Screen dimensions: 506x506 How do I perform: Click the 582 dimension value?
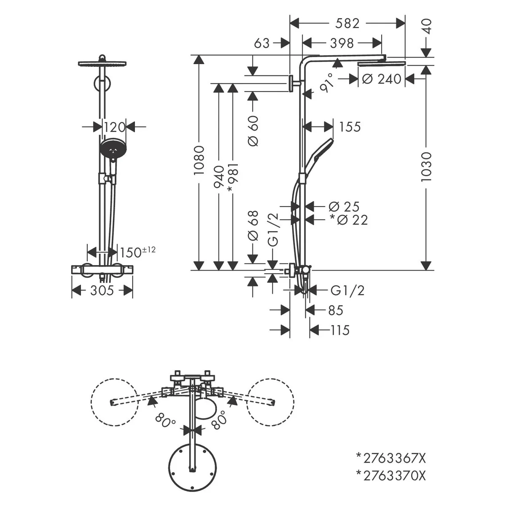pos(347,24)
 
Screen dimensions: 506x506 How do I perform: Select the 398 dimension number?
pos(342,43)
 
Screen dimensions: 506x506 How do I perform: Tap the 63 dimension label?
pos(262,43)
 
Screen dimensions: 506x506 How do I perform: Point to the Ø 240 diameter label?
pos(382,79)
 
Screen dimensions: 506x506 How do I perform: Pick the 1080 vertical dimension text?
pos(199,160)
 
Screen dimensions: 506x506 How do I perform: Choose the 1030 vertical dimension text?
pos(426,167)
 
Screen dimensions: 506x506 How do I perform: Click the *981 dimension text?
pos(233,177)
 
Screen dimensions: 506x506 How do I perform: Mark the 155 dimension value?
pos(350,127)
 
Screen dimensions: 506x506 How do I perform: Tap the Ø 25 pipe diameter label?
pos(344,207)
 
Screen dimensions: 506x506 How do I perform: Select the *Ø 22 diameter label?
pos(349,220)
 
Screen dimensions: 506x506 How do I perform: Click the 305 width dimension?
pos(102,291)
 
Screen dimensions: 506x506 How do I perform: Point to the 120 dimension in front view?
pos(114,127)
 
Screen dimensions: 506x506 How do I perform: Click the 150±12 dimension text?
pos(138,252)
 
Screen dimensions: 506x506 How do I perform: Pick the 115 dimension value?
pos(340,330)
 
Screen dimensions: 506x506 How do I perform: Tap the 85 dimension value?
pos(336,310)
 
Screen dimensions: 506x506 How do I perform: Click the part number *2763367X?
pos(391,458)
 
